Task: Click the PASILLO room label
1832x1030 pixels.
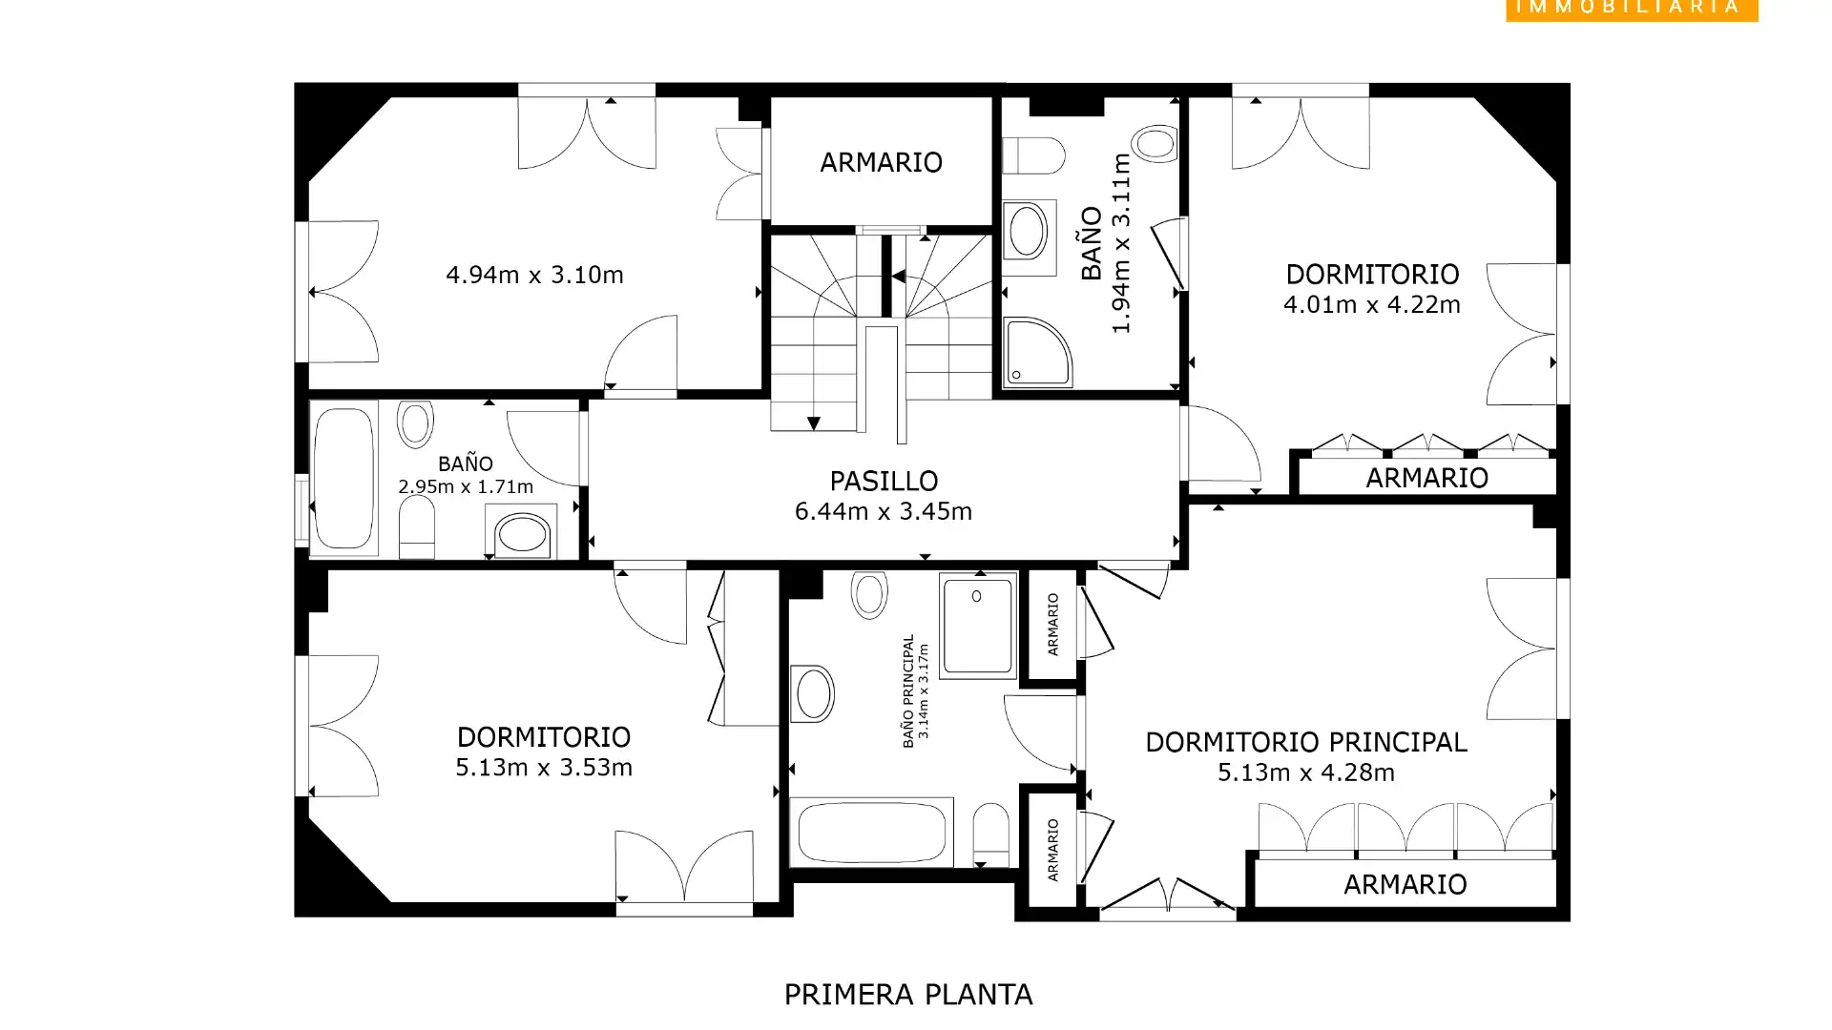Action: [x=883, y=480]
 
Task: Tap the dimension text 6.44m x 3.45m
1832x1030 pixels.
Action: [x=883, y=511]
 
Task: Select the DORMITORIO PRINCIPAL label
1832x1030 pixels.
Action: [x=1305, y=742]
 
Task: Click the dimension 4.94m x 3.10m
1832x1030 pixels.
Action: [x=534, y=275]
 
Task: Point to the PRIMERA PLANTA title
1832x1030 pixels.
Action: [x=907, y=995]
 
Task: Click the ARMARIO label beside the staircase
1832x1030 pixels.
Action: [x=881, y=162]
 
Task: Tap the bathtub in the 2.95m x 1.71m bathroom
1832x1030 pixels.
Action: [x=343, y=478]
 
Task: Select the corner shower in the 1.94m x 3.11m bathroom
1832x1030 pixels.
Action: [x=1035, y=352]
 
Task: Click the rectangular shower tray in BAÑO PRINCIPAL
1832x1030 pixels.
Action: [x=977, y=626]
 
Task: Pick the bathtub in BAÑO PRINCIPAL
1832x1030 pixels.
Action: [x=870, y=832]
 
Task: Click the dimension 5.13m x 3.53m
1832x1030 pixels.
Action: [x=543, y=768]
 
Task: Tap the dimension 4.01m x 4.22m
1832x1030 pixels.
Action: [x=1371, y=304]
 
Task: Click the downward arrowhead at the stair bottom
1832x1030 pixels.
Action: [x=813, y=422]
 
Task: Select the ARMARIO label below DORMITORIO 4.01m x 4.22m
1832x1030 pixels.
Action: [x=1426, y=478]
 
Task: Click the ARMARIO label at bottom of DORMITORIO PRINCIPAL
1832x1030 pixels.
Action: [x=1405, y=884]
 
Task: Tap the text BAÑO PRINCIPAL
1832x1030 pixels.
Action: [x=907, y=690]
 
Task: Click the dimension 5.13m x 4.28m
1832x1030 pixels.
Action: [x=1305, y=772]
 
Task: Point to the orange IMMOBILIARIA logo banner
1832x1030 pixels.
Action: [x=1631, y=9]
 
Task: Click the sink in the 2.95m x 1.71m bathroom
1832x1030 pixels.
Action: [x=521, y=533]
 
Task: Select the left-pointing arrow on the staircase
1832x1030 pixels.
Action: [x=898, y=277]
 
